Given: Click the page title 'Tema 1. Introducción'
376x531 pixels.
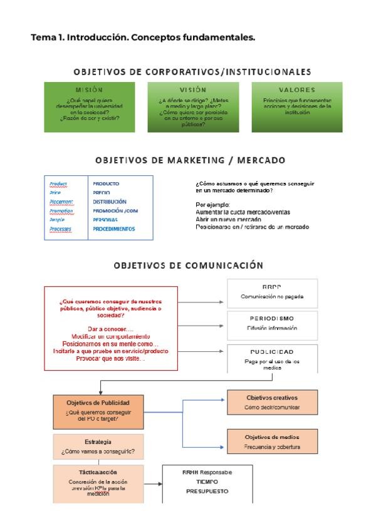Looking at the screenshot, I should [143, 38].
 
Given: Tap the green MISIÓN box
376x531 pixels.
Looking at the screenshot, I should [89, 107].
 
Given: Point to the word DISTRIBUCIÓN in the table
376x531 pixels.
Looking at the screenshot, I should [110, 202].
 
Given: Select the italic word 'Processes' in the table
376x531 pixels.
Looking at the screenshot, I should [61, 229].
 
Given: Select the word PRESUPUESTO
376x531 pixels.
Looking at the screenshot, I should [207, 492].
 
